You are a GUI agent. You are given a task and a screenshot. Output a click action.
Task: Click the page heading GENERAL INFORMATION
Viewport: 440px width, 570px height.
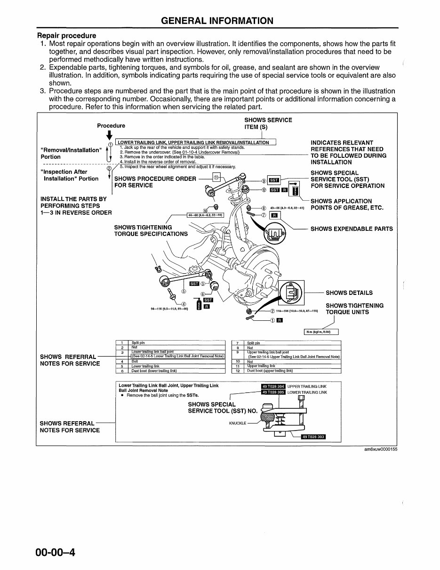pos(217,21)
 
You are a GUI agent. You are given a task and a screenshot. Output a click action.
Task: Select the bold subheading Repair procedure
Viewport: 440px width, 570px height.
pos(66,35)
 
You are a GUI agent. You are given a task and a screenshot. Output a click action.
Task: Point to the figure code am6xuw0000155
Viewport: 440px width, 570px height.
pos(380,449)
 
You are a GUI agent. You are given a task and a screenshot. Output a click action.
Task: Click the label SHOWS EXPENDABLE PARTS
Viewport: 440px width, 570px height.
pos(352,229)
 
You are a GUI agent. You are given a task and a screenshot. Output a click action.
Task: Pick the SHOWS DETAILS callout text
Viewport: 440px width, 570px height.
pos(349,293)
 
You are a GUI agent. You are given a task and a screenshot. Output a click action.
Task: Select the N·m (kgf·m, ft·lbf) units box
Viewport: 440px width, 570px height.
pos(321,332)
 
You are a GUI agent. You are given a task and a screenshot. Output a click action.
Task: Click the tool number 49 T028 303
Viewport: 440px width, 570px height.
pos(313,437)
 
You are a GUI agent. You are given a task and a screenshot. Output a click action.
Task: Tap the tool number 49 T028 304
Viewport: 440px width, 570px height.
pos(273,386)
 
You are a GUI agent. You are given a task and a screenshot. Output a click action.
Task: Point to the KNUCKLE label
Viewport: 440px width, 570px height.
pos(238,423)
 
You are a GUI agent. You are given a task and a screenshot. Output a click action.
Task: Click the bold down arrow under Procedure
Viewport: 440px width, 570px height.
pos(109,135)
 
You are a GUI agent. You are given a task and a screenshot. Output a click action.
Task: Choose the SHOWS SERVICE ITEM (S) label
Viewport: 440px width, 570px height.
pos(268,123)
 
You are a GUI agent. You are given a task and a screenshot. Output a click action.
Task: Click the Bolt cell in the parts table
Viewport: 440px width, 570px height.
pos(135,361)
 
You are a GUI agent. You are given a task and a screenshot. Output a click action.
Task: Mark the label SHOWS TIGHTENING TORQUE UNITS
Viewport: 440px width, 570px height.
pos(354,309)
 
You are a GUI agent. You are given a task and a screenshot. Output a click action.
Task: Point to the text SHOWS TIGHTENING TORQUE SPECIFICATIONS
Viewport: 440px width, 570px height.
pos(151,230)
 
